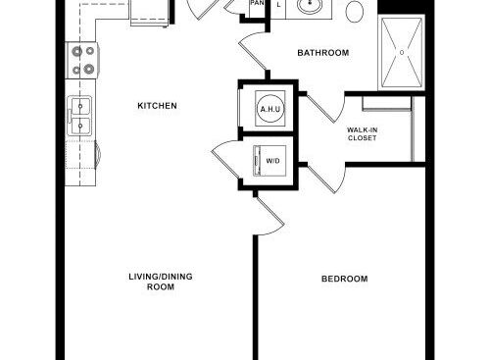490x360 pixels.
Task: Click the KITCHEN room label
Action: [157, 106]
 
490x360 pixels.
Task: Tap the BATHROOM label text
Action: [323, 53]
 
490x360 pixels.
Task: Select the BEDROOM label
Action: [345, 279]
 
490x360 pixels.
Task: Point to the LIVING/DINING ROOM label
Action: [161, 282]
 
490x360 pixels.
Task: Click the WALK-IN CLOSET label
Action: [362, 134]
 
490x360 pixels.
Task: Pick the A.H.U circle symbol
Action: [270, 109]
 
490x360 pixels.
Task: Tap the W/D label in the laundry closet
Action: [273, 161]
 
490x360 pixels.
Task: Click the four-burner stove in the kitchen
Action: [82, 60]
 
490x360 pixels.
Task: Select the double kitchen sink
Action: [79, 115]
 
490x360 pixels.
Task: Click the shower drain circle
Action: [402, 52]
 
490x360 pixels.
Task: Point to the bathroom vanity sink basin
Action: [310, 6]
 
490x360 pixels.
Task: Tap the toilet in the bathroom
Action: [355, 12]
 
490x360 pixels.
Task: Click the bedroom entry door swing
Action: [269, 214]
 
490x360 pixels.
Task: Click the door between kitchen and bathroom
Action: [253, 52]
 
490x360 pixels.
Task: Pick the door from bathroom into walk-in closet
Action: [325, 108]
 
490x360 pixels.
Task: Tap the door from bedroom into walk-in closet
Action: [326, 179]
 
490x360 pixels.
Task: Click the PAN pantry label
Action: [257, 3]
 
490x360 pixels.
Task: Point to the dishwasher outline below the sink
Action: [80, 154]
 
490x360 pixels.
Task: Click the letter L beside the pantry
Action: [278, 5]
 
